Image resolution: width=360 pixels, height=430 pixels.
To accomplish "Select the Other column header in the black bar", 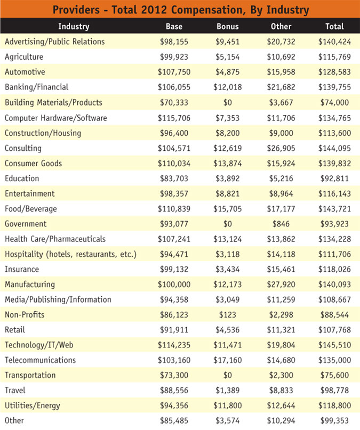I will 281,26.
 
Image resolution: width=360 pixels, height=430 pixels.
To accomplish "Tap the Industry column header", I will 74,26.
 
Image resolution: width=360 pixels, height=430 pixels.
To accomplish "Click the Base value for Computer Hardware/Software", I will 174,117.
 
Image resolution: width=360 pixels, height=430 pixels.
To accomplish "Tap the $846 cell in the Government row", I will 281,224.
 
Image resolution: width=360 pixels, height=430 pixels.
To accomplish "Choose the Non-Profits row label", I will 25,314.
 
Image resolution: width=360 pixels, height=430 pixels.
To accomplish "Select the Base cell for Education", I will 174,178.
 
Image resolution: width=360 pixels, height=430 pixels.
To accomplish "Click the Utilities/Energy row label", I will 33,405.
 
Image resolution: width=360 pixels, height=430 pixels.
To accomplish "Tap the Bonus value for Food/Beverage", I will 228,208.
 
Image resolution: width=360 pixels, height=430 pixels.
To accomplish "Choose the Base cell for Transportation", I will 174,375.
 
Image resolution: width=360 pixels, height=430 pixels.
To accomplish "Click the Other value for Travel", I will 281,390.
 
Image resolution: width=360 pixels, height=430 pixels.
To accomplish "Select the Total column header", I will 334,26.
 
